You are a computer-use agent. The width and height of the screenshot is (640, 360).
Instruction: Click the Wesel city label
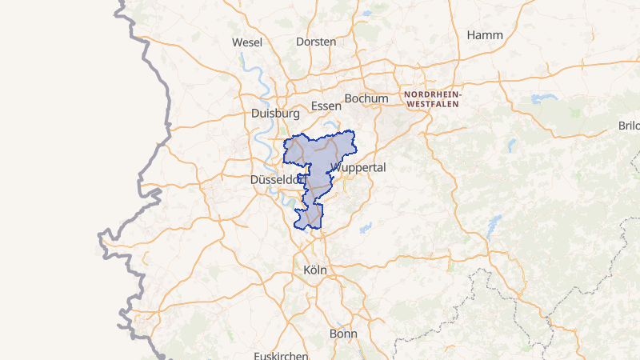coord(247,42)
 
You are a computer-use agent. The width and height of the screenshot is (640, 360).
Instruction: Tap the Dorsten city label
coord(316,41)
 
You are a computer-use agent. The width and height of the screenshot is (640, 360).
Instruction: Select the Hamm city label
coord(485,34)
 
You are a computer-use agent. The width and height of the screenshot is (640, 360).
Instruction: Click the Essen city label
coord(326,106)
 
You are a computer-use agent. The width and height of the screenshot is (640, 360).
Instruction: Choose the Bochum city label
coord(366,98)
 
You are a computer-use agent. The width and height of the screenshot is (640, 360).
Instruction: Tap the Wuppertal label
coord(358,168)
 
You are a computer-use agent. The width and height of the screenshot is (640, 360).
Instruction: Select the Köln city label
coord(316,270)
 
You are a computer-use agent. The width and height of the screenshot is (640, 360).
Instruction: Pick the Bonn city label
coord(343,333)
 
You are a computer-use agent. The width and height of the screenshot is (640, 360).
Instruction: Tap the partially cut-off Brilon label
coord(630,126)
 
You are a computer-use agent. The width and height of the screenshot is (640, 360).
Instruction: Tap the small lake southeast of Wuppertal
coord(367,228)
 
